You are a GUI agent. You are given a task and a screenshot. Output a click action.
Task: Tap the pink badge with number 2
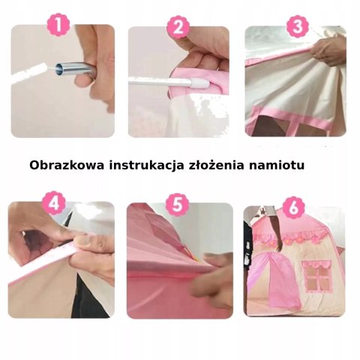[x=178, y=28]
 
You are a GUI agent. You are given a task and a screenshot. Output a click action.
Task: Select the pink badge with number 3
[x=298, y=27]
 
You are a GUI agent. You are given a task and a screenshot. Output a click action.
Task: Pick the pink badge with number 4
[x=54, y=202]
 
